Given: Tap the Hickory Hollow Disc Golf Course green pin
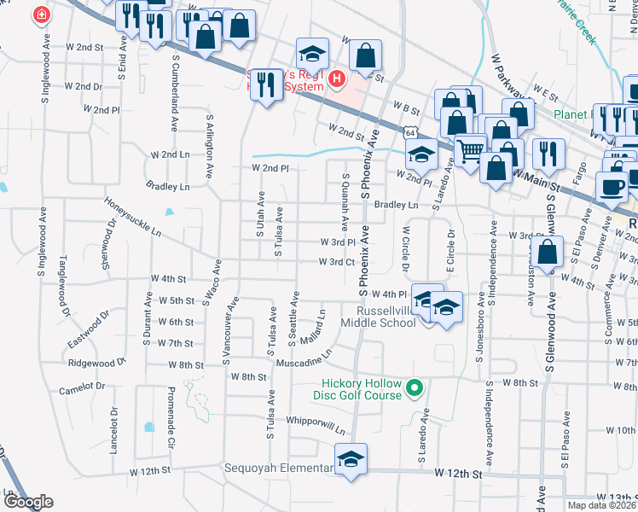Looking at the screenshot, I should click(x=415, y=389).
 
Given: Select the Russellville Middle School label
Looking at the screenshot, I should click(x=379, y=316).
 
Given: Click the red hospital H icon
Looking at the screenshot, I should click(x=337, y=79).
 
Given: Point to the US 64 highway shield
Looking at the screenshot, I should click(x=411, y=133).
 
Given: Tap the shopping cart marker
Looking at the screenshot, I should click(x=470, y=151).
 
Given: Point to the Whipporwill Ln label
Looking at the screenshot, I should click(x=317, y=425).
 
